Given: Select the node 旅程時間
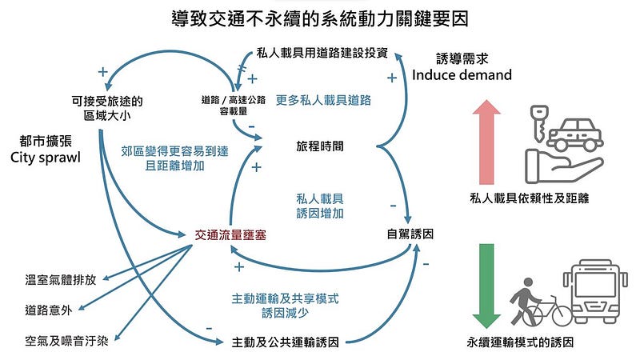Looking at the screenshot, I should point(320,147).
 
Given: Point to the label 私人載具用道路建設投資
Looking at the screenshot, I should point(323,54).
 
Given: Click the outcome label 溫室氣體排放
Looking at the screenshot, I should point(61,279).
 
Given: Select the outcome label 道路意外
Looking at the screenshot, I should point(49,310).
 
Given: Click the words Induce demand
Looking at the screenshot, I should point(462,75).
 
